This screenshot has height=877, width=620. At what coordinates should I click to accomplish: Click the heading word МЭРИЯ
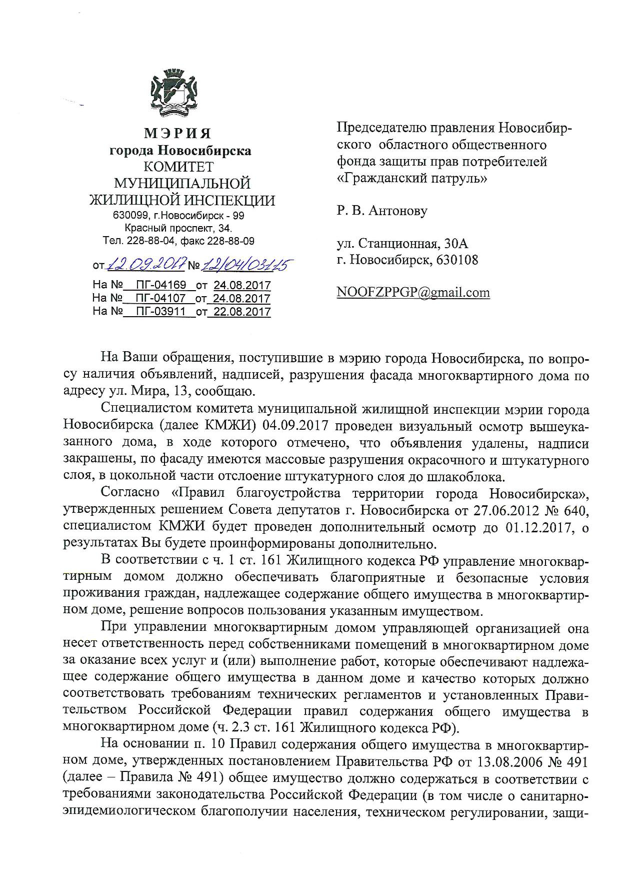click(x=178, y=134)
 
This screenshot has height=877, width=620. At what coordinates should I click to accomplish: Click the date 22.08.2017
click(x=242, y=312)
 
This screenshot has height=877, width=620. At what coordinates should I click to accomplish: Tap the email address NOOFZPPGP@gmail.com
click(x=413, y=293)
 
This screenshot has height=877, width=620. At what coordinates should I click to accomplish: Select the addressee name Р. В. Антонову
click(x=382, y=211)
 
